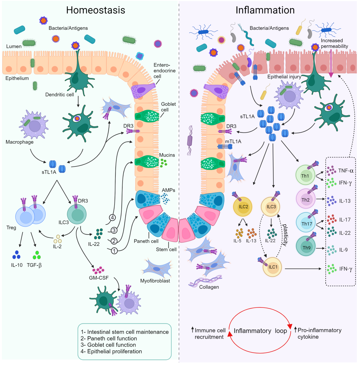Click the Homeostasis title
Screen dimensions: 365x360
(96, 10)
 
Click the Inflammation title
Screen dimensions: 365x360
(265, 10)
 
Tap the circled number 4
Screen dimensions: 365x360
(113, 218)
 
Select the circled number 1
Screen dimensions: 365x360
(114, 251)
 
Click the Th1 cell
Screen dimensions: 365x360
(305, 175)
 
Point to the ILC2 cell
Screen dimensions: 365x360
(243, 206)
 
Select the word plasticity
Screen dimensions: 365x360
(285, 235)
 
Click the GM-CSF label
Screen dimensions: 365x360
(99, 278)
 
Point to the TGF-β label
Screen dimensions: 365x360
(34, 265)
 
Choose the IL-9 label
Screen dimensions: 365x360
(343, 250)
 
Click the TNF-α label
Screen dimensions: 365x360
(346, 171)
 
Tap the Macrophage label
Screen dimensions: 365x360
(19, 142)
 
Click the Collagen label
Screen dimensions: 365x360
(209, 287)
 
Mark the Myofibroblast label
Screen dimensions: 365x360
(155, 281)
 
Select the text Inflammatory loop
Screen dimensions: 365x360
(260, 331)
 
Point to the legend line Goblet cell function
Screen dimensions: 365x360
(108, 345)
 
